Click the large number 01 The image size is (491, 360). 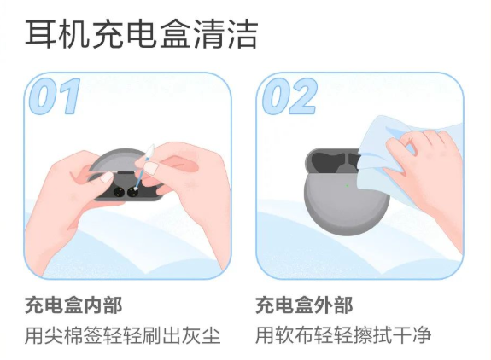point(54,96)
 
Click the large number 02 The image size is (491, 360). point(289,96)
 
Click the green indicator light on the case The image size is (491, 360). point(348,185)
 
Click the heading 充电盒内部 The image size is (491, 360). point(73,305)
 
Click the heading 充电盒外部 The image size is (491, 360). point(304,305)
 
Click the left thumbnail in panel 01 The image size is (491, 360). point(107,177)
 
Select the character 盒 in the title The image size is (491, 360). point(174,34)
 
